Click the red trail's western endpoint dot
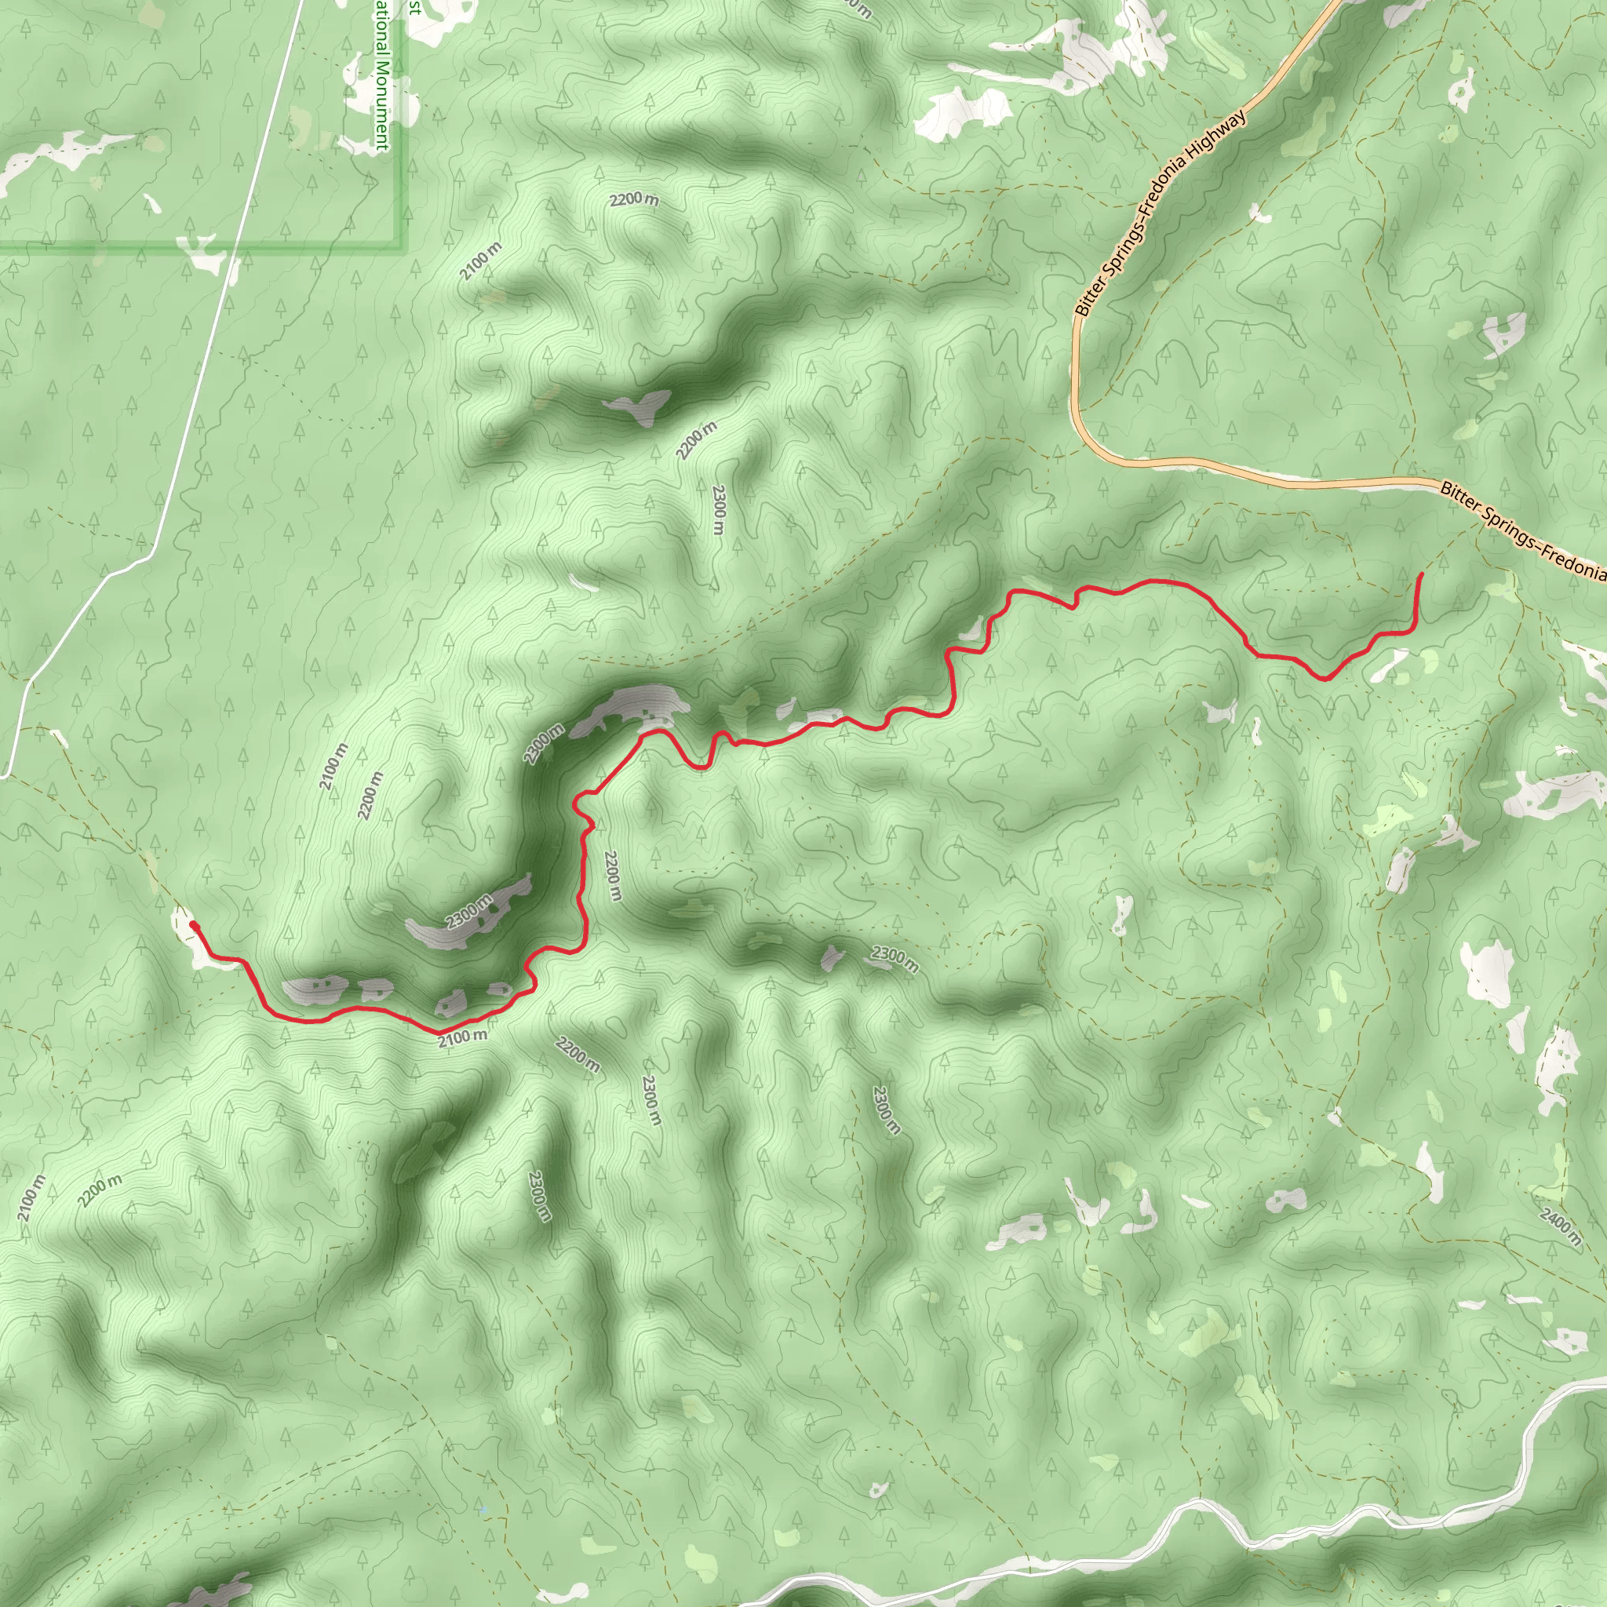(193, 924)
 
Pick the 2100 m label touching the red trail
(462, 1037)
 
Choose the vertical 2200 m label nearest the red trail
(612, 876)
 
